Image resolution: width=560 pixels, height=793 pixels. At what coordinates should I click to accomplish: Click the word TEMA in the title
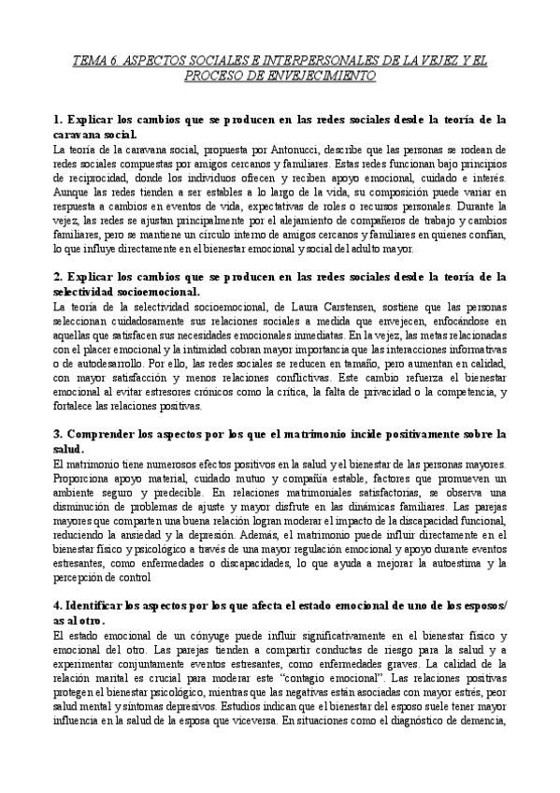(x=91, y=60)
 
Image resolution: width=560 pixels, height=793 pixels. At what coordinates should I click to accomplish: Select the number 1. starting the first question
(x=58, y=121)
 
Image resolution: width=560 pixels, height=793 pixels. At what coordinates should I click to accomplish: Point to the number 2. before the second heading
(x=58, y=278)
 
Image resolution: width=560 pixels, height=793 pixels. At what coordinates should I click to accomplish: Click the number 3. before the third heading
(x=58, y=435)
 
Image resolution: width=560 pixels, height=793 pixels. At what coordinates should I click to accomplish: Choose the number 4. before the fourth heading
(x=58, y=605)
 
